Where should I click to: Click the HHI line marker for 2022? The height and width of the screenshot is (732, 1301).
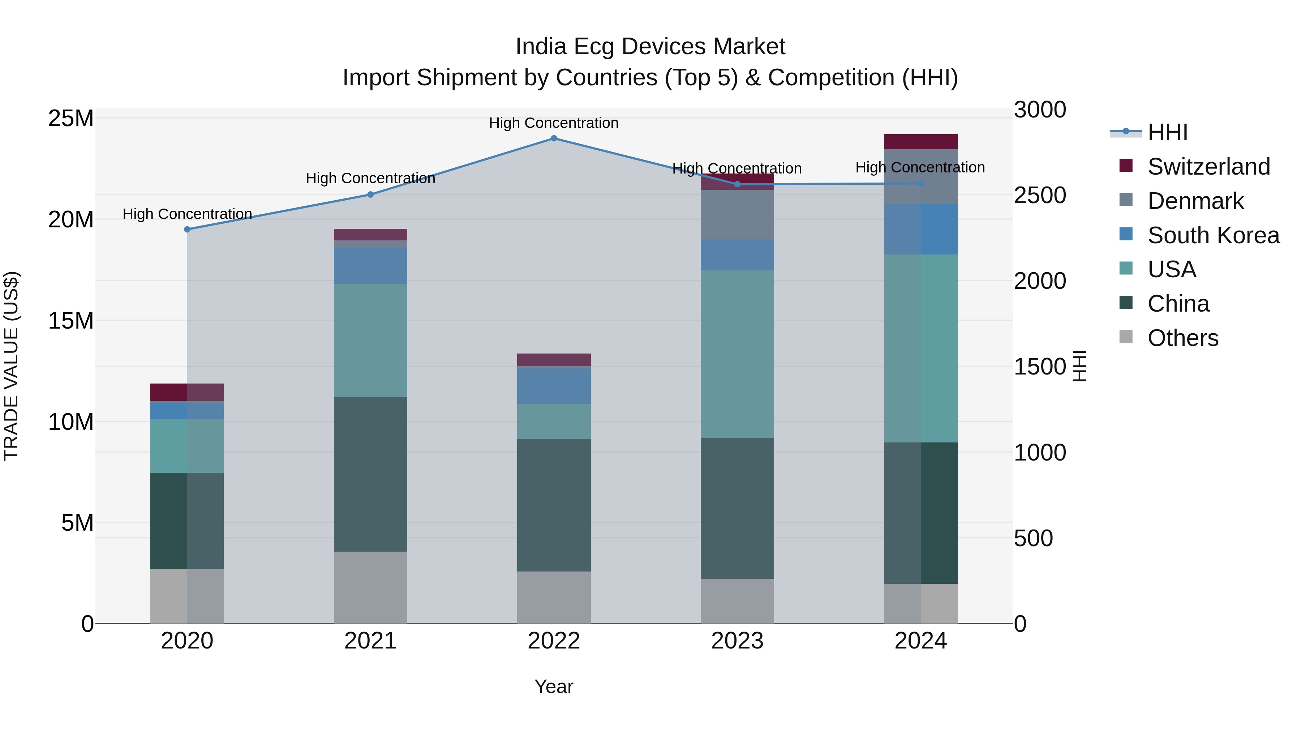click(x=554, y=138)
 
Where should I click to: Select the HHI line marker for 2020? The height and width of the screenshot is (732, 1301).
click(x=187, y=229)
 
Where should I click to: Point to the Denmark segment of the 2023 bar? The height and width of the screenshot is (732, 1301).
click(x=737, y=215)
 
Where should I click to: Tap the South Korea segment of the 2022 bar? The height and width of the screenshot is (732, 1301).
click(x=554, y=386)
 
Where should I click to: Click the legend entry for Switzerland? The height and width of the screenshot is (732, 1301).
click(x=1208, y=167)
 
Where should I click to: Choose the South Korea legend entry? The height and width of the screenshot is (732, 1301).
click(x=1213, y=235)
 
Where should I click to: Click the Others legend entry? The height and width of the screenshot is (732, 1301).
click(x=1182, y=338)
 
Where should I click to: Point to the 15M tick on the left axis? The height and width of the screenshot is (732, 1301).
click(x=71, y=321)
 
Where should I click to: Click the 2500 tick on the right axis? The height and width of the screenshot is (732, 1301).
click(x=1039, y=196)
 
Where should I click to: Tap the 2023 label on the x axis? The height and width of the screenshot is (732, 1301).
click(x=737, y=641)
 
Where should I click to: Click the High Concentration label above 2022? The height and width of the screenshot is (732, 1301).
click(x=554, y=123)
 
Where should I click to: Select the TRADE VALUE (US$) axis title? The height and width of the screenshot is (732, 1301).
click(x=11, y=366)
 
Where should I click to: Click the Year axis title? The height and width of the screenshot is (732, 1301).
click(x=554, y=686)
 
